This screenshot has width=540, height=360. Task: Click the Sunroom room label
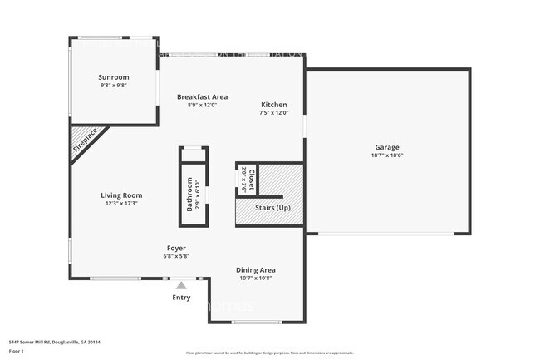coord(115,77)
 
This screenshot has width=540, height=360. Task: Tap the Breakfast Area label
coord(202,97)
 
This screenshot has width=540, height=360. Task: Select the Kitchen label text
coord(273,105)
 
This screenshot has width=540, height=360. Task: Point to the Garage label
coord(386,147)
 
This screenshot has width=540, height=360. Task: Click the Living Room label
coord(121,195)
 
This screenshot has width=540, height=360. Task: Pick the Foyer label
coord(175,248)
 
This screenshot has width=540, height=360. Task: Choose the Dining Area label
coord(256,269)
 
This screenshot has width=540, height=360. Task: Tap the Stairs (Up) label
coord(272,207)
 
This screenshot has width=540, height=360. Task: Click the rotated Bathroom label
coord(189,194)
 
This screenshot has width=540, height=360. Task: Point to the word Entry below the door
coord(181,298)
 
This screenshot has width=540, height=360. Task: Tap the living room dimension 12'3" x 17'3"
coord(121,203)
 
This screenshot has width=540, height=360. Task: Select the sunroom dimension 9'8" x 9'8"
coord(115,86)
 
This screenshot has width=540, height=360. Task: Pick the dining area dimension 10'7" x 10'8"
coord(256,278)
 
